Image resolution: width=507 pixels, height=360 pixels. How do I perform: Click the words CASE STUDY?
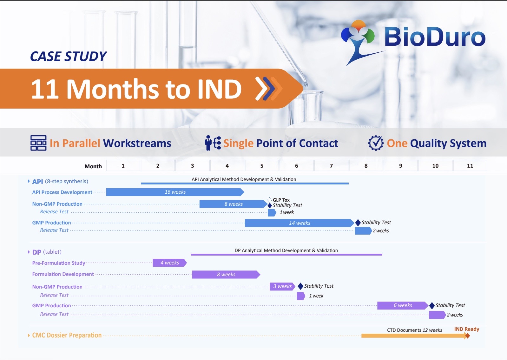pos(68,56)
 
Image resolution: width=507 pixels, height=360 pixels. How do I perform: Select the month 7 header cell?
pos(331,165)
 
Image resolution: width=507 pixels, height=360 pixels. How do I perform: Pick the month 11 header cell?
pos(470,165)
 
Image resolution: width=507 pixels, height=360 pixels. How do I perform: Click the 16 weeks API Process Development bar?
pos(175,192)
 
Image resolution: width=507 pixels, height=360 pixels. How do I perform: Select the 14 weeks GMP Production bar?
pos(300,223)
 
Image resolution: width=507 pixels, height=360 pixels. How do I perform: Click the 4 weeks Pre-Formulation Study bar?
pos(170,263)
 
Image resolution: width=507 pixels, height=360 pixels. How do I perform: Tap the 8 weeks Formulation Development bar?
pos(226,274)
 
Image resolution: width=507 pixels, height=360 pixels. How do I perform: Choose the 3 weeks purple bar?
pos(282,286)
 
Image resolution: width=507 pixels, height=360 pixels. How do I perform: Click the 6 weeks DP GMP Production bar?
pos(403,305)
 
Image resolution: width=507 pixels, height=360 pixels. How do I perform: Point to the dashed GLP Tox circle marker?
pos(270,200)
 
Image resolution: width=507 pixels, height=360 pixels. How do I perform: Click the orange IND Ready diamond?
pos(467,336)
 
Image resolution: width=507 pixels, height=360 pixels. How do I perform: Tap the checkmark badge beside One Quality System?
pos(376,143)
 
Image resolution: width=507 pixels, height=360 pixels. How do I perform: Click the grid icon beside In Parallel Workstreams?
pos(38,143)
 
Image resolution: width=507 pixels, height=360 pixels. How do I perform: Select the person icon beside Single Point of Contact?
pos(213,143)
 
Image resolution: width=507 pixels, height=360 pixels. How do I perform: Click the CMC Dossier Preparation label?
pos(67,335)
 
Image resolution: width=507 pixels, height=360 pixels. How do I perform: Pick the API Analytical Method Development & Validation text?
pos(244,179)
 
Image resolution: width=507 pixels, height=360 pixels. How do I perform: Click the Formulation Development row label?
pos(63,274)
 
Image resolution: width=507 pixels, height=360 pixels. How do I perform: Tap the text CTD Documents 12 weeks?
pos(414,330)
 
